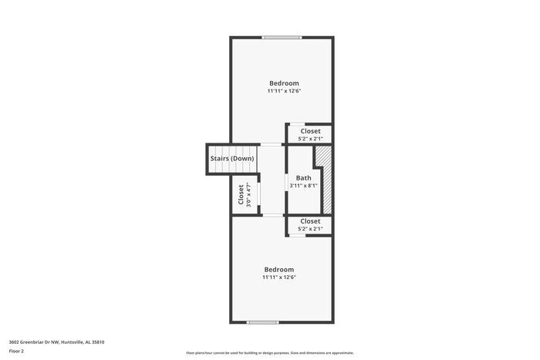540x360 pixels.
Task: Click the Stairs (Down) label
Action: pos(232,159)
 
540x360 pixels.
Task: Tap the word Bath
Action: pos(303,178)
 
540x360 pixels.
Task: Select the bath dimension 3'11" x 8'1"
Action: pos(303,186)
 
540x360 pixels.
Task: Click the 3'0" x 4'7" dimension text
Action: pos(249,194)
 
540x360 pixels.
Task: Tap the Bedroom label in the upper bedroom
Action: pos(284,83)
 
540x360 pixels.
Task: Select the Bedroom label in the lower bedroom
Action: pos(278,269)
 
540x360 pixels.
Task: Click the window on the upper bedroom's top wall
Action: pos(281,37)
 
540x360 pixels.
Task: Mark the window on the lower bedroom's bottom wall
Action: pos(262,322)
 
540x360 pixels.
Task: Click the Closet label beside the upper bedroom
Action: pos(310,131)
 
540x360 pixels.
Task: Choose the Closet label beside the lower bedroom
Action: pos(310,221)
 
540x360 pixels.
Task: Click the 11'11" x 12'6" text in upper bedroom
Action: pos(284,91)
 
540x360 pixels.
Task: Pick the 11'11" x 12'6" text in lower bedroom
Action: pos(278,278)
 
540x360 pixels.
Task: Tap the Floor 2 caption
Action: pos(16,351)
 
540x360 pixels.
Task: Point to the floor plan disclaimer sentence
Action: pos(270,352)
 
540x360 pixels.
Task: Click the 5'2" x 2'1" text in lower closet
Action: pos(310,229)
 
